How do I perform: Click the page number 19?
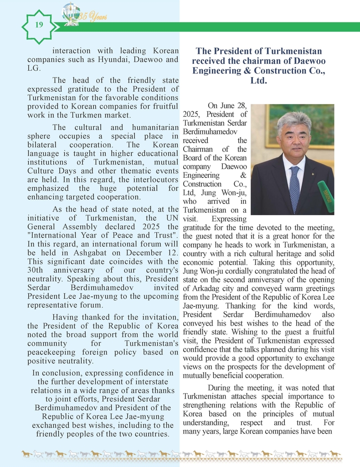[39, 25]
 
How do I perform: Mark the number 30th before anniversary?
[35, 270]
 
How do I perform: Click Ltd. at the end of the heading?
[258, 81]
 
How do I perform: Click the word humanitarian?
[153, 127]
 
